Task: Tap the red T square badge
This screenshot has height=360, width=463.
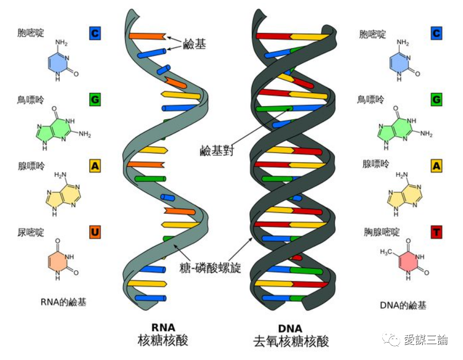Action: click(437, 232)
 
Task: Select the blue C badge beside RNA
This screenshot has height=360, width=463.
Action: click(95, 34)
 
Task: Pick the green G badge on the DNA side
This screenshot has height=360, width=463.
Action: click(437, 99)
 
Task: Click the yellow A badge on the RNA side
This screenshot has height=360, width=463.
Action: click(95, 166)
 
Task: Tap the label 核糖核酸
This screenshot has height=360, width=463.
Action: click(163, 340)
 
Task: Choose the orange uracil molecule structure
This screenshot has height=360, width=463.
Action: click(62, 260)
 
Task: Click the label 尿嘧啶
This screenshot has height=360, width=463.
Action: click(31, 232)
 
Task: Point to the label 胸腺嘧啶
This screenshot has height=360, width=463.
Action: click(382, 232)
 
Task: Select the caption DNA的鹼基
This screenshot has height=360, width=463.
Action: click(403, 305)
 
